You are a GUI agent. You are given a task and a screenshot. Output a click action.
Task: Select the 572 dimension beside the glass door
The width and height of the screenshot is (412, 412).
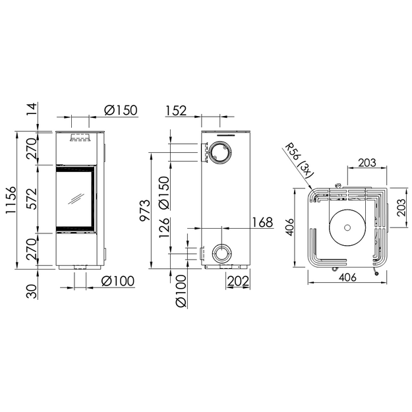(x=33, y=198)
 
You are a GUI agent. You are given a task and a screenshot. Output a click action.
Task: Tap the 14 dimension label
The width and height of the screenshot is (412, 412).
(x=32, y=109)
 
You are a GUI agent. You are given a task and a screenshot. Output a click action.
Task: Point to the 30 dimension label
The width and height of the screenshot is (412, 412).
(x=32, y=291)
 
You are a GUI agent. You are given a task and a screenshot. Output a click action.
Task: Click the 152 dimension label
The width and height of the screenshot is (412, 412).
(x=176, y=110)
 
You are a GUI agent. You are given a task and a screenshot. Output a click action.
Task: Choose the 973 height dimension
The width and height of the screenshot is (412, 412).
(x=145, y=210)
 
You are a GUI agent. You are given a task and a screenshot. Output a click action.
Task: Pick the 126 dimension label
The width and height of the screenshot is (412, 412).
(x=164, y=227)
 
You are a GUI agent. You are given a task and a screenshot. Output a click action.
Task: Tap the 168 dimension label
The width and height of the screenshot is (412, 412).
(x=262, y=223)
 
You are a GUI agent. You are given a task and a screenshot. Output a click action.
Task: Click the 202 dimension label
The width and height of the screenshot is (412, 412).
(x=238, y=281)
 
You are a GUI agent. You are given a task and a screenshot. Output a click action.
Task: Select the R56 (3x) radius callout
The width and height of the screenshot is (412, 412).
(x=299, y=162)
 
